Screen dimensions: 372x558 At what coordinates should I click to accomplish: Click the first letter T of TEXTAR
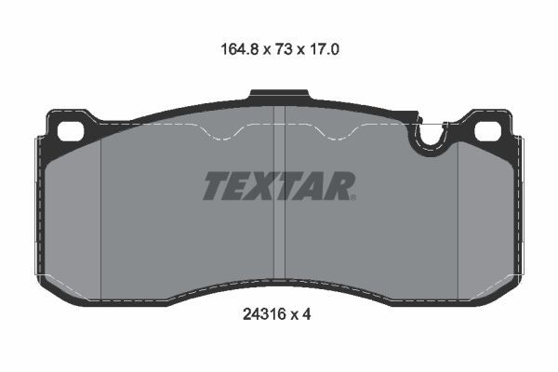click(x=216, y=186)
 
